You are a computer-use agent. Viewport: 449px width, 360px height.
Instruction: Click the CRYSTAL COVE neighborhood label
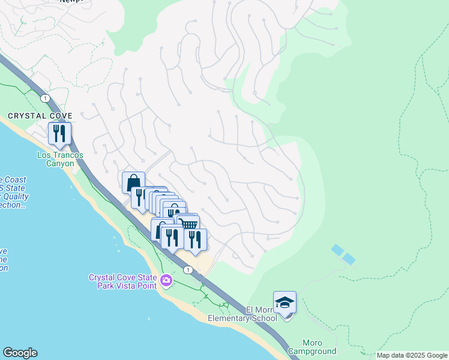click(40, 116)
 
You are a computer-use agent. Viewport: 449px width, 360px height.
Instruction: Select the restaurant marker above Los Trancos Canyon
click(59, 133)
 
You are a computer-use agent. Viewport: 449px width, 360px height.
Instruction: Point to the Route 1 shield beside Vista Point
click(188, 270)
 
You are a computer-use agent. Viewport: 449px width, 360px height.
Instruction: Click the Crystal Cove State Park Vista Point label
click(122, 281)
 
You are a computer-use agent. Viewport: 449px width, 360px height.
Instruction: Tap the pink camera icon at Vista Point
click(166, 280)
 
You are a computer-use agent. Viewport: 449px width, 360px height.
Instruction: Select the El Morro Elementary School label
click(243, 314)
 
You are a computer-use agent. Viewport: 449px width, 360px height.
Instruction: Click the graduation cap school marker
click(285, 302)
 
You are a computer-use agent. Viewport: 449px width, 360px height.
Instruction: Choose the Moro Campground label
click(312, 347)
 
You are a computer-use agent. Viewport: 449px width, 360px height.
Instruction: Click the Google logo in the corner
click(20, 353)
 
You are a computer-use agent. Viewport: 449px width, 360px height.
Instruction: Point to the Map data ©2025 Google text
click(411, 355)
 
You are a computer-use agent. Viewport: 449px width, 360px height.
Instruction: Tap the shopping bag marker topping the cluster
click(133, 182)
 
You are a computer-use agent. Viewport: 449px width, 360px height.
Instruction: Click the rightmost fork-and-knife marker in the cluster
click(195, 239)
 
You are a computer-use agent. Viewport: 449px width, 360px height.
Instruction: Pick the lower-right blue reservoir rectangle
click(348, 259)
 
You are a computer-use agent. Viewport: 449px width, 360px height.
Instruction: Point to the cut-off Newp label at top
click(72, 2)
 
